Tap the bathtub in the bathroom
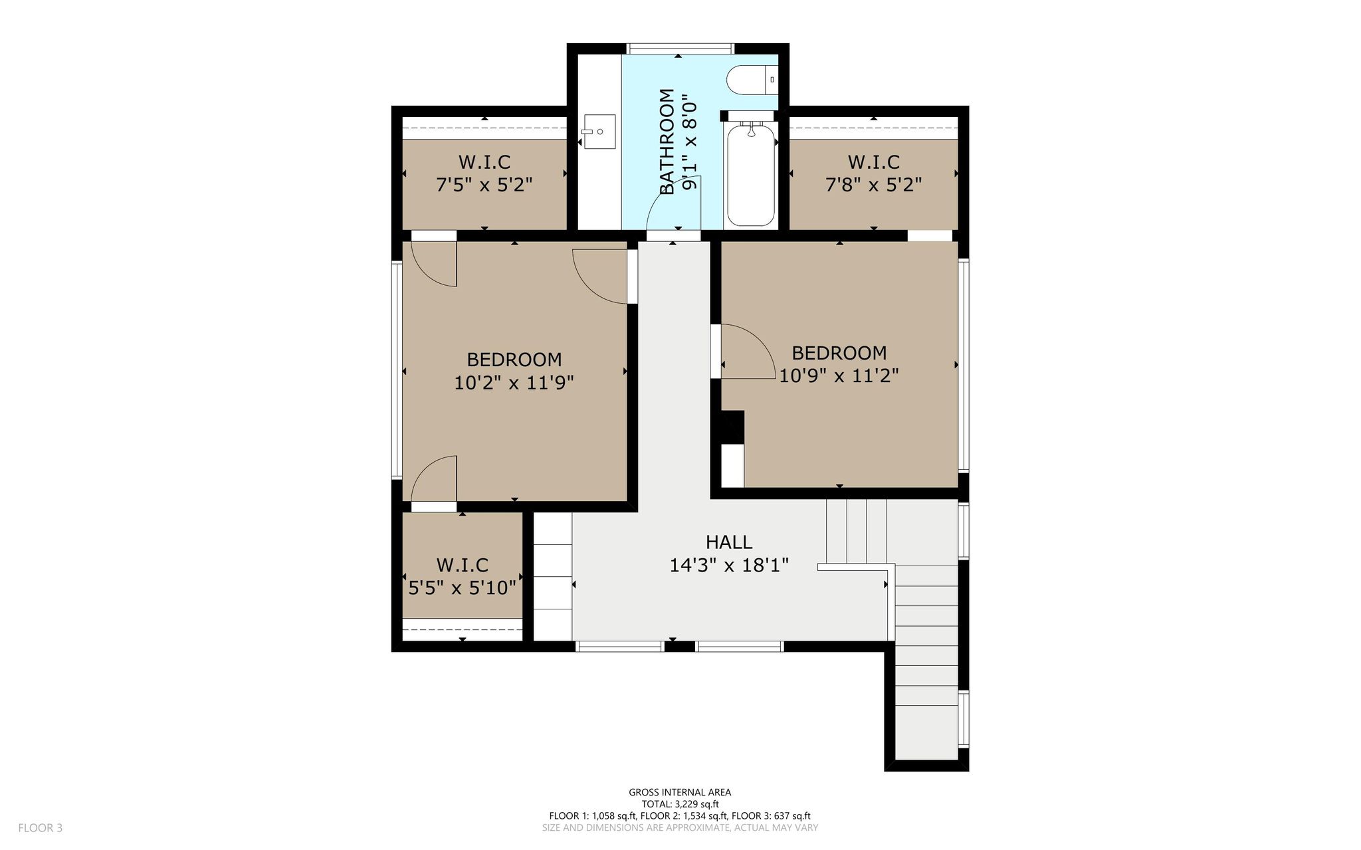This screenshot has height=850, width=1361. point(751,174)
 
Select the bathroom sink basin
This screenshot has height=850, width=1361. point(599,132)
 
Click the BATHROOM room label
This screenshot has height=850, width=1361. point(667,142)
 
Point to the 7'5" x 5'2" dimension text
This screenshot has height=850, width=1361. point(484,184)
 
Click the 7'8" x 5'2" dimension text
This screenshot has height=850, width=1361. point(873,184)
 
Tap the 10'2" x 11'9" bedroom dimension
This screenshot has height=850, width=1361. point(514,383)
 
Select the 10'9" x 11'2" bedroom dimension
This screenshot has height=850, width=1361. point(839,376)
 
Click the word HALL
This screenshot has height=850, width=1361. point(729,542)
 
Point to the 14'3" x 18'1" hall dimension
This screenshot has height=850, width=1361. point(729,566)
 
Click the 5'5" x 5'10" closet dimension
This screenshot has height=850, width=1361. point(462,588)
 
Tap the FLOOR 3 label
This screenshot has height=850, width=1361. point(41,828)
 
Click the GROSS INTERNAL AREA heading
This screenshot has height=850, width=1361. point(680,792)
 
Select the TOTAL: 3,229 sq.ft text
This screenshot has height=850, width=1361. point(680,804)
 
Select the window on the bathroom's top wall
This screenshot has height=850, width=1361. point(680,49)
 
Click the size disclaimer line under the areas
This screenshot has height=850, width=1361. point(680,828)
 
